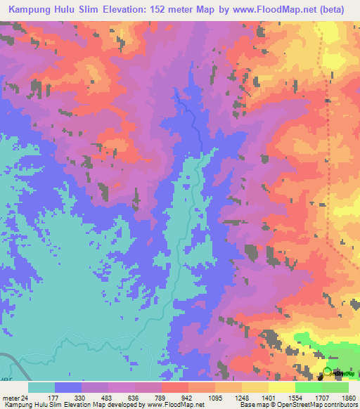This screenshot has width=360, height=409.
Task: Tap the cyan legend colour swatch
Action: pyautogui.click(x=41, y=387)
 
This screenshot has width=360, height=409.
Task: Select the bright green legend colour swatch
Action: pyautogui.click(x=308, y=387)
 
